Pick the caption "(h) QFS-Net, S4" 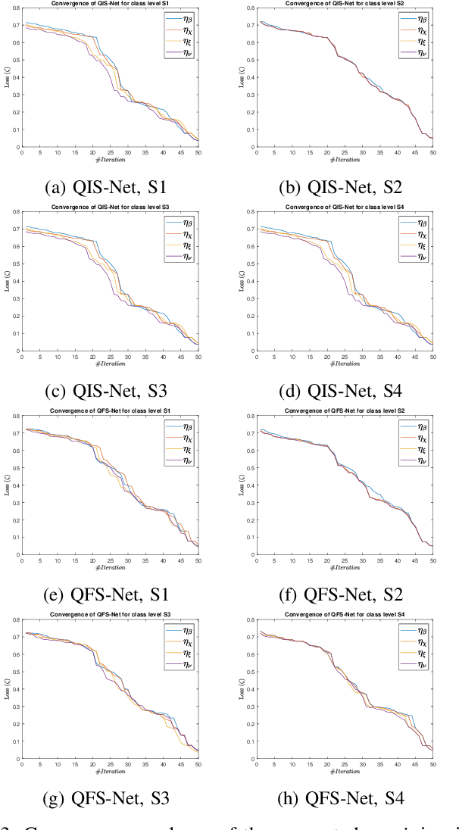click(x=345, y=800)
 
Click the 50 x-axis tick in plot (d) click(x=432, y=356)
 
